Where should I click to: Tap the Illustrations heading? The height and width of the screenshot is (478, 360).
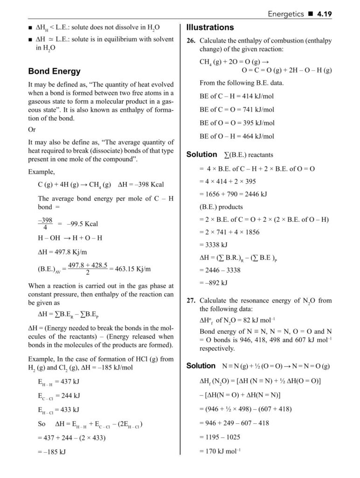point(210,27)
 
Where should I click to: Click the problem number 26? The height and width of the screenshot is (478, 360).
point(191,41)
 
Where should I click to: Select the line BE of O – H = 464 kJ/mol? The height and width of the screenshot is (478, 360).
point(237,136)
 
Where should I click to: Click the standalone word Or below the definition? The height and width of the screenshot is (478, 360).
point(32,129)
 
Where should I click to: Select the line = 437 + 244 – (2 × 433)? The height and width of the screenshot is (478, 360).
point(71,438)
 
